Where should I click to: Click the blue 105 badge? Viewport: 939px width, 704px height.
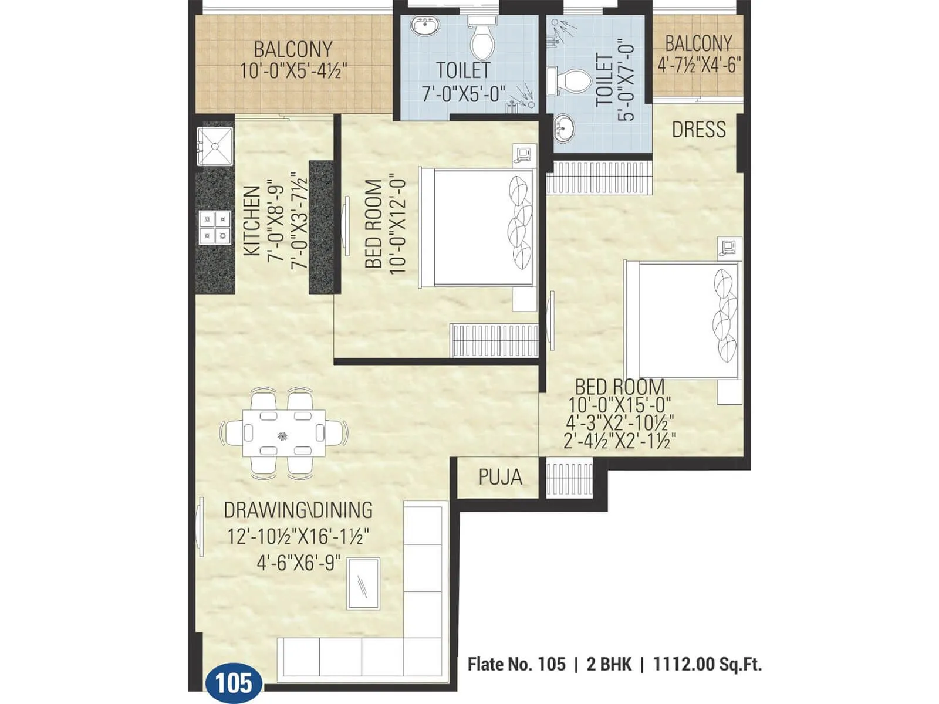point(234,683)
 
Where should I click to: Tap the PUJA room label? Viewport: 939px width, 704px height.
point(500,477)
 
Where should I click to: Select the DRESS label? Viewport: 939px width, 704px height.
point(698,129)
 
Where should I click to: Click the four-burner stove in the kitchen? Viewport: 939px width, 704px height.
point(214,228)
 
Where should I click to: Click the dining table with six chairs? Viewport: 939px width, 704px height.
point(283,434)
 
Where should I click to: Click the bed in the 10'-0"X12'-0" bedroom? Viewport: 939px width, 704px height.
point(477,228)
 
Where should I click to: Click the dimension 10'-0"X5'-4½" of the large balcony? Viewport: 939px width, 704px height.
point(293,71)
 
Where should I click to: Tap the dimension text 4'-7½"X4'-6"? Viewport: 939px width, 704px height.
point(698,64)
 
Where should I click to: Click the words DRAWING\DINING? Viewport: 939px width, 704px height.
point(298,510)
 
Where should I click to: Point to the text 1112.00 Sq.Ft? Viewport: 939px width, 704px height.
point(707,664)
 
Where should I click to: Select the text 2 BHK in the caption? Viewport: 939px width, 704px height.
point(609,664)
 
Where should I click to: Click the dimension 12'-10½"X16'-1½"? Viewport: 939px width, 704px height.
point(298,536)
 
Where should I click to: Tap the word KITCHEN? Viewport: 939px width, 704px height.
point(251,221)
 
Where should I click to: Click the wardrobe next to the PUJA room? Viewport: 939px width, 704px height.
point(569,479)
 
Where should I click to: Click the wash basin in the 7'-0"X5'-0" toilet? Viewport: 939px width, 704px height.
point(424,26)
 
